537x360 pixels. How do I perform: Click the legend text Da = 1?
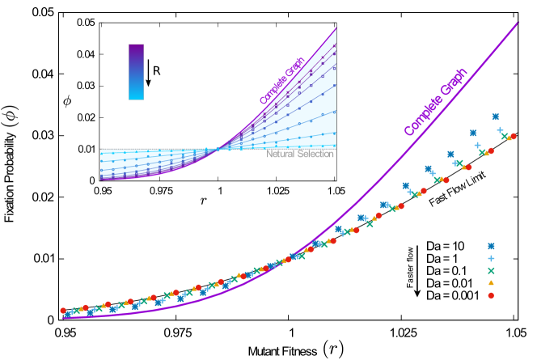(445, 258)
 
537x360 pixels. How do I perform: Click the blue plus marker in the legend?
(491, 258)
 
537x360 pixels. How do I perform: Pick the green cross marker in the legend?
(491, 270)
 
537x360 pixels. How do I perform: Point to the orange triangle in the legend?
(491, 283)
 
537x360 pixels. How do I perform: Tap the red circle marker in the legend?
(491, 295)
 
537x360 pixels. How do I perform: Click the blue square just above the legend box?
(491, 246)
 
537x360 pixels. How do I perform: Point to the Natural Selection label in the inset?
(300, 154)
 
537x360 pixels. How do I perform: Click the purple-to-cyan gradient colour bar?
(136, 71)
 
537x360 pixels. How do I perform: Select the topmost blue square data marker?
(496, 116)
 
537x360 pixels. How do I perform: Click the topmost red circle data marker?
(513, 136)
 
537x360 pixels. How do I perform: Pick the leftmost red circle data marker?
(63, 310)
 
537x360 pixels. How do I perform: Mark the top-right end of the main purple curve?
(518, 22)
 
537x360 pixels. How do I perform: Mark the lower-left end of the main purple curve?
(65, 317)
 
